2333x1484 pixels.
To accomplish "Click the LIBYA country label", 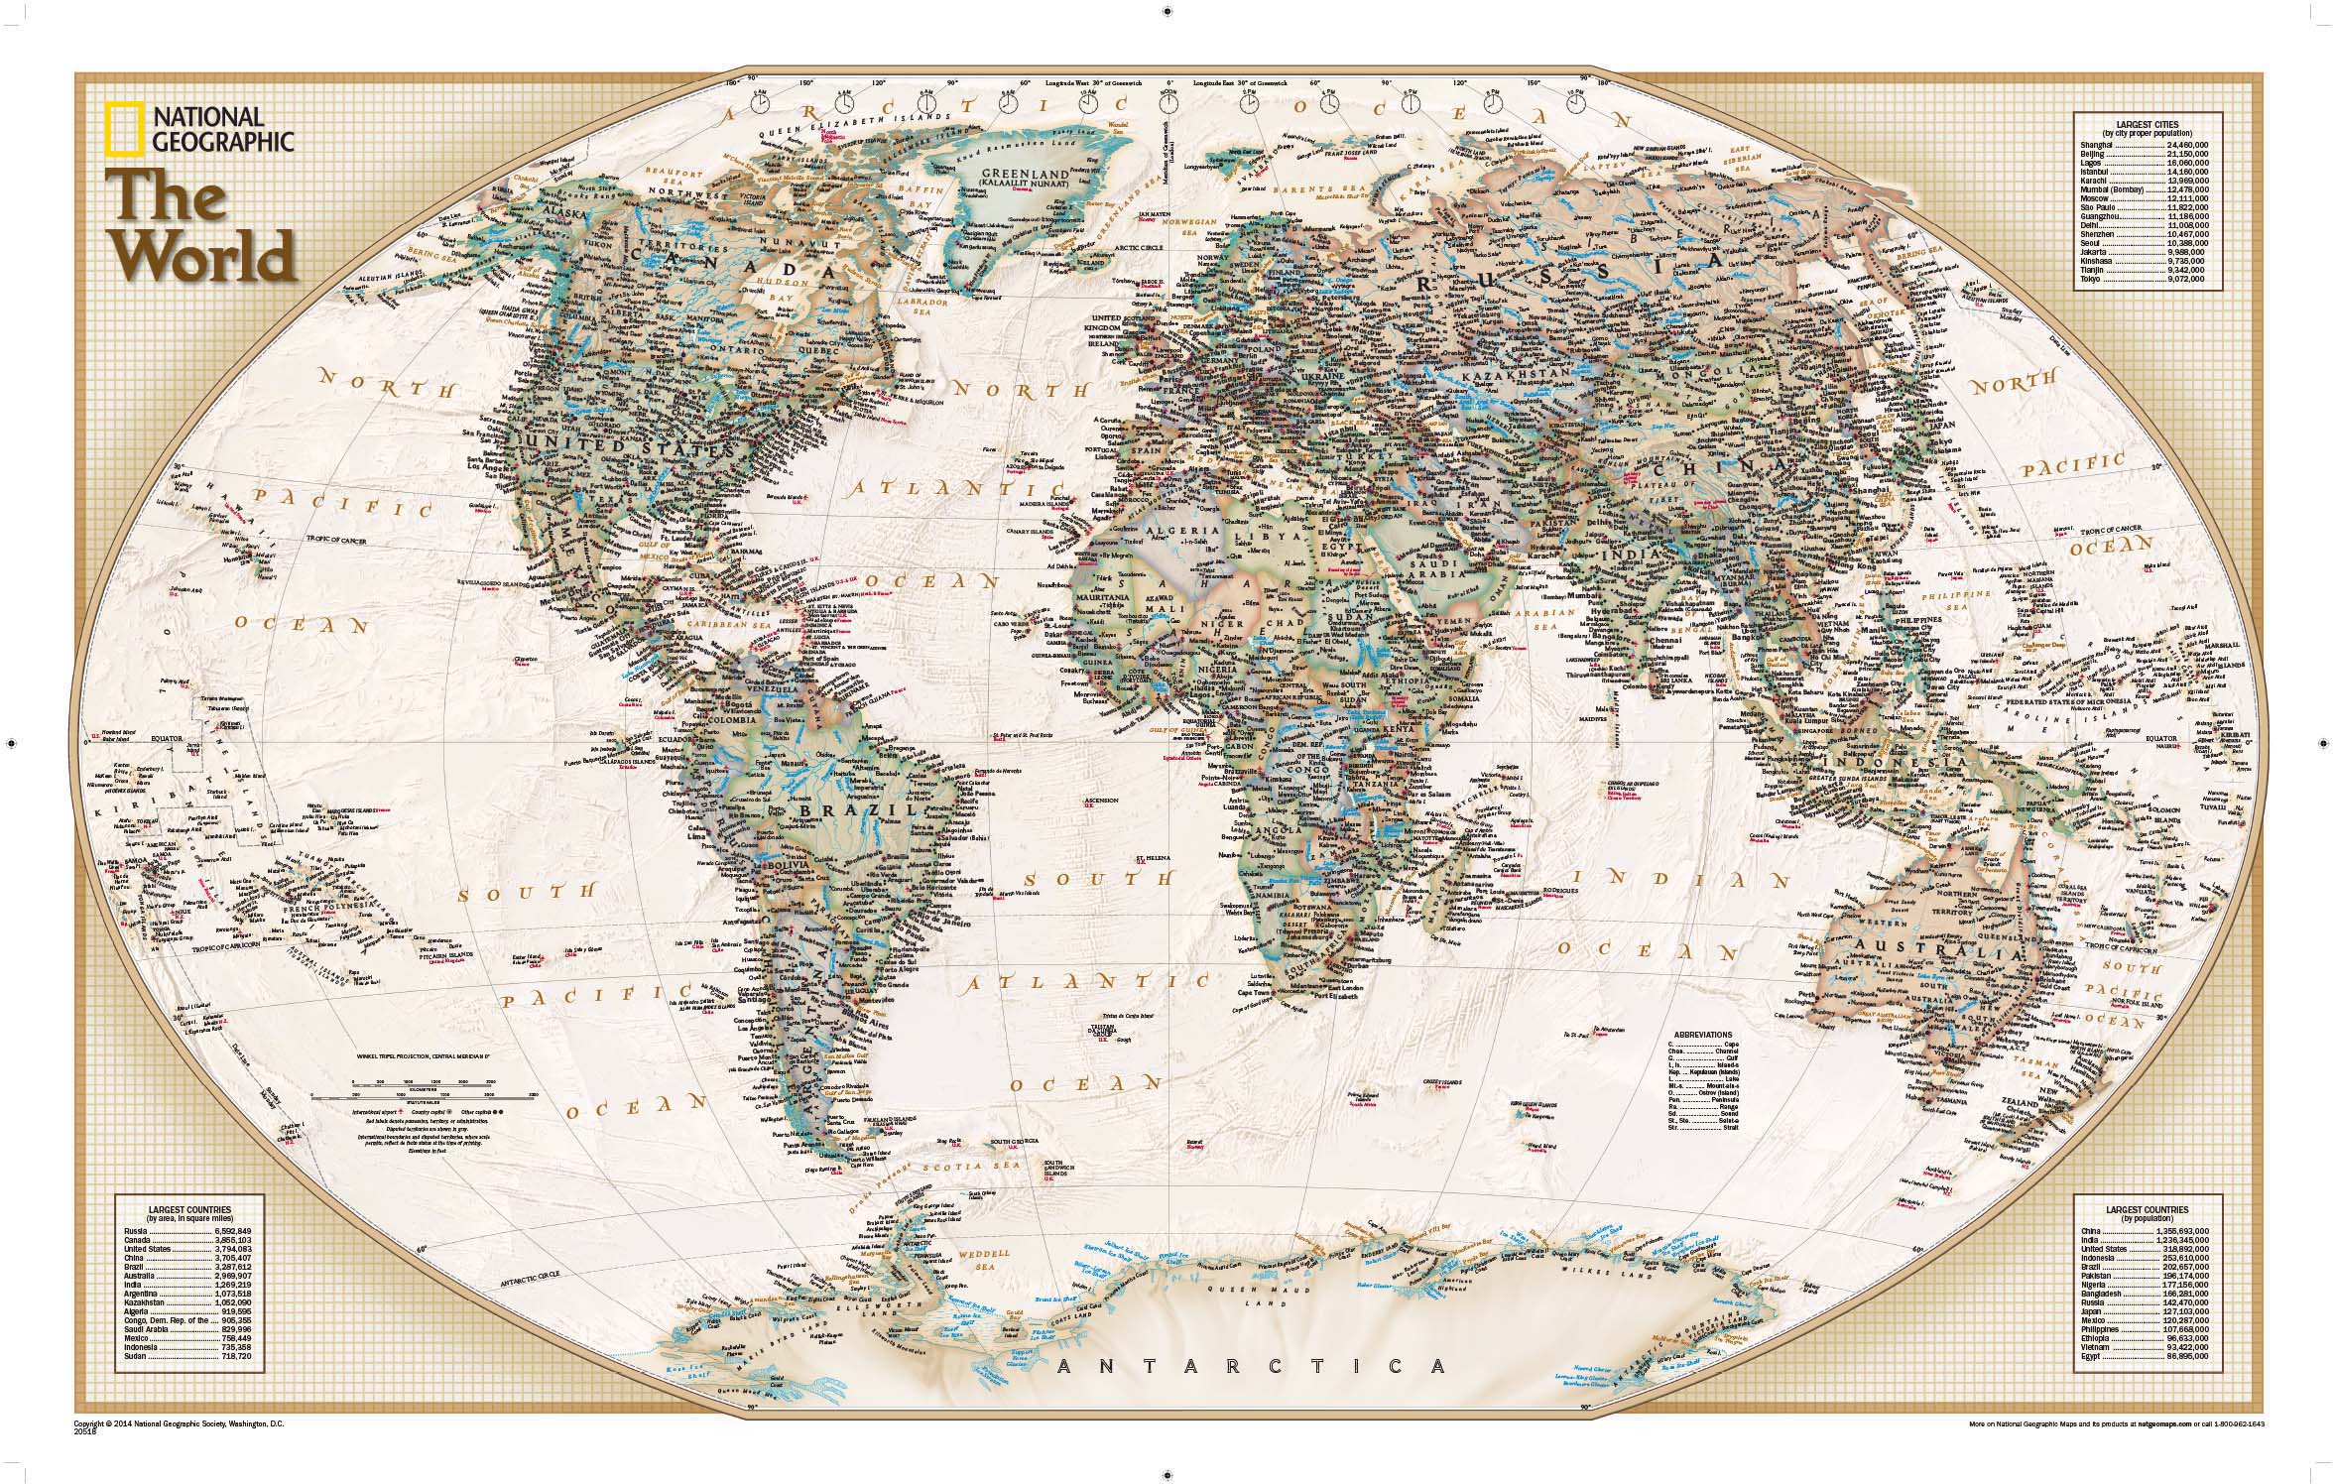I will tap(1258, 536).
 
